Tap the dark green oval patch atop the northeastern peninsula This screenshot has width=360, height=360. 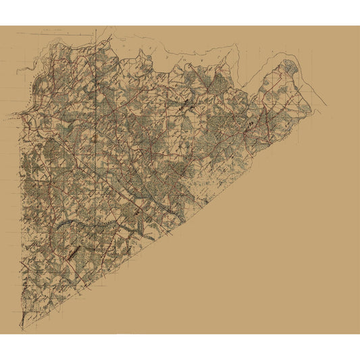click(x=290, y=66)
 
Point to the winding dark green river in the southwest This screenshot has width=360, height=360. click(x=68, y=223)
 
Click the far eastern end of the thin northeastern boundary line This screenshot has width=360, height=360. click(x=327, y=105)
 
